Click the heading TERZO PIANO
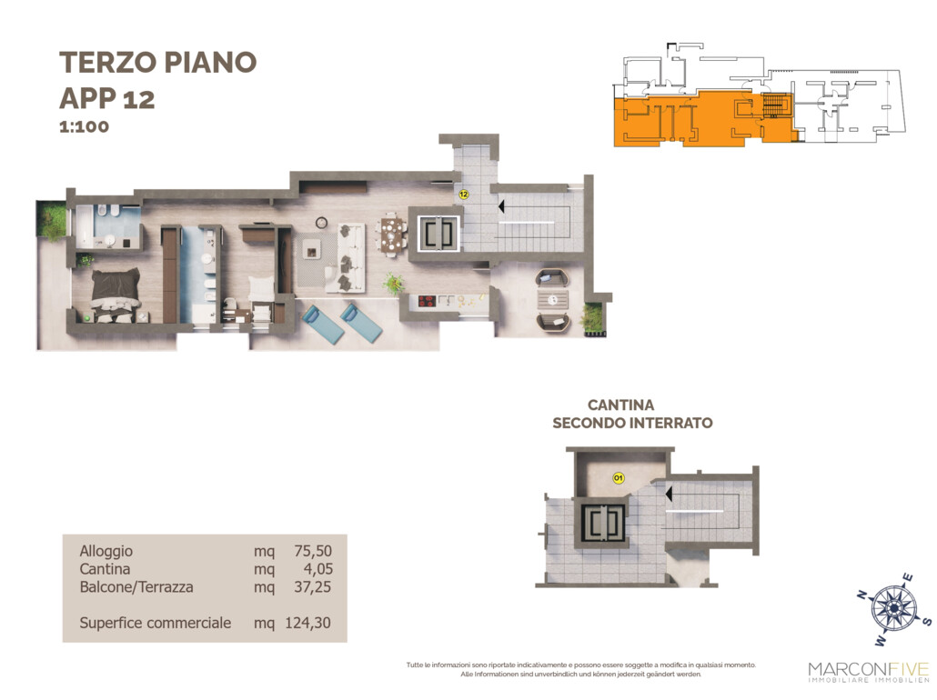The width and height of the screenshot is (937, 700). [x=157, y=62]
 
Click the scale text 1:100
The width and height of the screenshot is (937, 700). [x=84, y=126]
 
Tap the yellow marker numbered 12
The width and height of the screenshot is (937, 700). [x=463, y=195]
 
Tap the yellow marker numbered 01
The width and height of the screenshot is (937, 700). [x=619, y=478]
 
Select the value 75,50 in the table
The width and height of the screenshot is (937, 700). [x=313, y=551]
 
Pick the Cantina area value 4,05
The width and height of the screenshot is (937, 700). [x=317, y=568]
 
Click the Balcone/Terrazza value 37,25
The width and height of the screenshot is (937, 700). [x=312, y=586]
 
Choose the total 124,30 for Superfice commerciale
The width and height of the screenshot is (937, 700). [x=307, y=623]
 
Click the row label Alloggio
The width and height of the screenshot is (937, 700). [x=106, y=551]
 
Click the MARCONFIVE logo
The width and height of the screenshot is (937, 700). [x=868, y=671]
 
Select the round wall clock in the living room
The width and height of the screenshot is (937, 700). [x=321, y=222]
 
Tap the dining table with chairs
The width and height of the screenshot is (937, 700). [x=393, y=235]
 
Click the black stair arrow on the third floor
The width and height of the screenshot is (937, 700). [x=500, y=206]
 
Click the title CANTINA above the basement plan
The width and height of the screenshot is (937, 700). [x=621, y=405]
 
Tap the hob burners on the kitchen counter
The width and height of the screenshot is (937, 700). [x=427, y=301]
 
